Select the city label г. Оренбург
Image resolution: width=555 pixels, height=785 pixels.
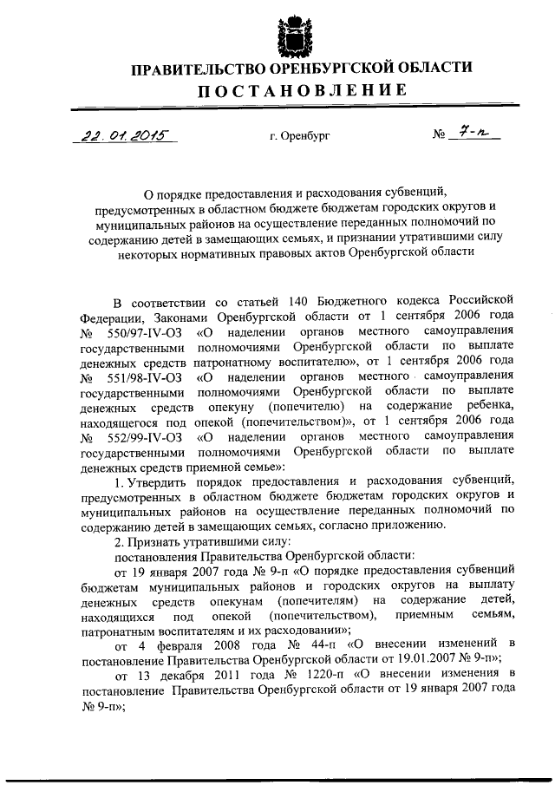(x=299, y=136)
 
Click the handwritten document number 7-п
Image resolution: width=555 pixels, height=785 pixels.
(x=472, y=134)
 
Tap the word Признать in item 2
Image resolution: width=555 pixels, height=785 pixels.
(x=158, y=540)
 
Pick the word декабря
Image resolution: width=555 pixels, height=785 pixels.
(x=184, y=676)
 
